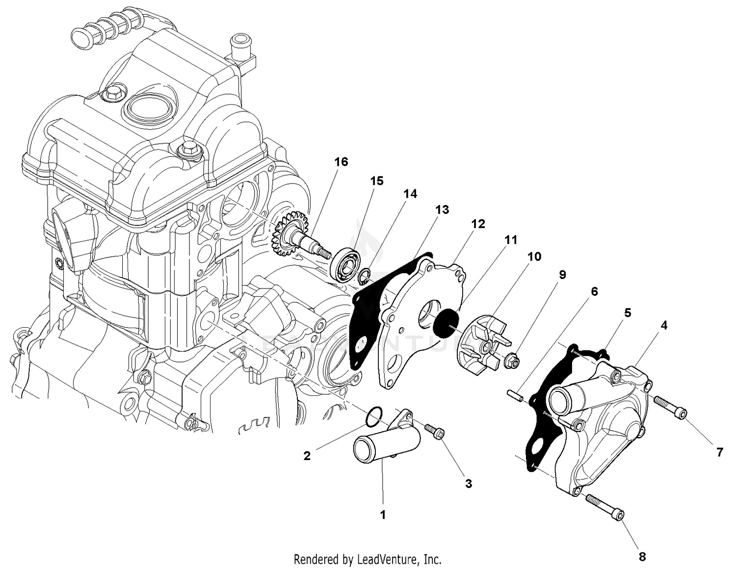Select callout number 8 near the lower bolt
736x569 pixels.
point(642,556)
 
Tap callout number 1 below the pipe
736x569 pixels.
point(383,515)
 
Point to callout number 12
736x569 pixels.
point(477,224)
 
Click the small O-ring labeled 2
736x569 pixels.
point(373,416)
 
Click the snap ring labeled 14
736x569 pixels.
point(364,277)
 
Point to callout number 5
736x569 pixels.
point(627,312)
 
